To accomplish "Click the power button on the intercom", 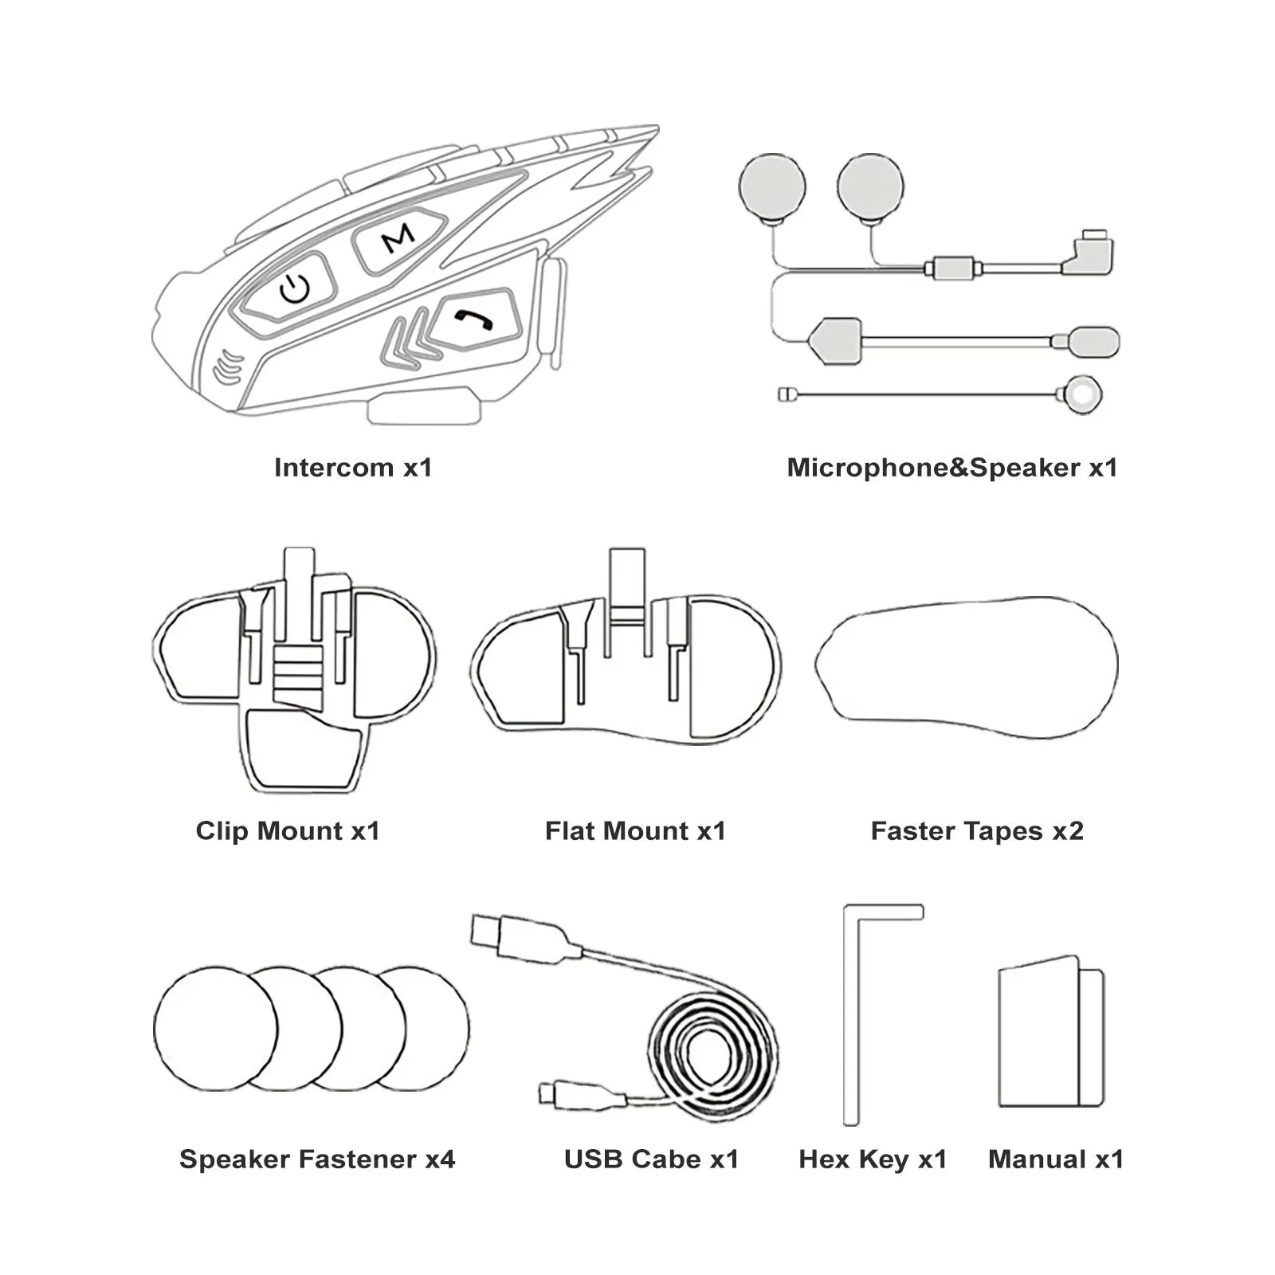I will coord(294,288).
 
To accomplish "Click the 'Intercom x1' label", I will coord(353,468).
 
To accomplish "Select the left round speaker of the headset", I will coord(772,188).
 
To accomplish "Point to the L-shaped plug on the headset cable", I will coord(1089,254).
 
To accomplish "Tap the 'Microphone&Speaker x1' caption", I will coord(951,468).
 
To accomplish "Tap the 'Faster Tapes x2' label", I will coord(977,831).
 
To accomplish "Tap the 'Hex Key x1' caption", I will coord(873,1159).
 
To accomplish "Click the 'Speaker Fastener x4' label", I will coord(317,1159).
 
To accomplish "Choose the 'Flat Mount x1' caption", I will coord(635,831).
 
